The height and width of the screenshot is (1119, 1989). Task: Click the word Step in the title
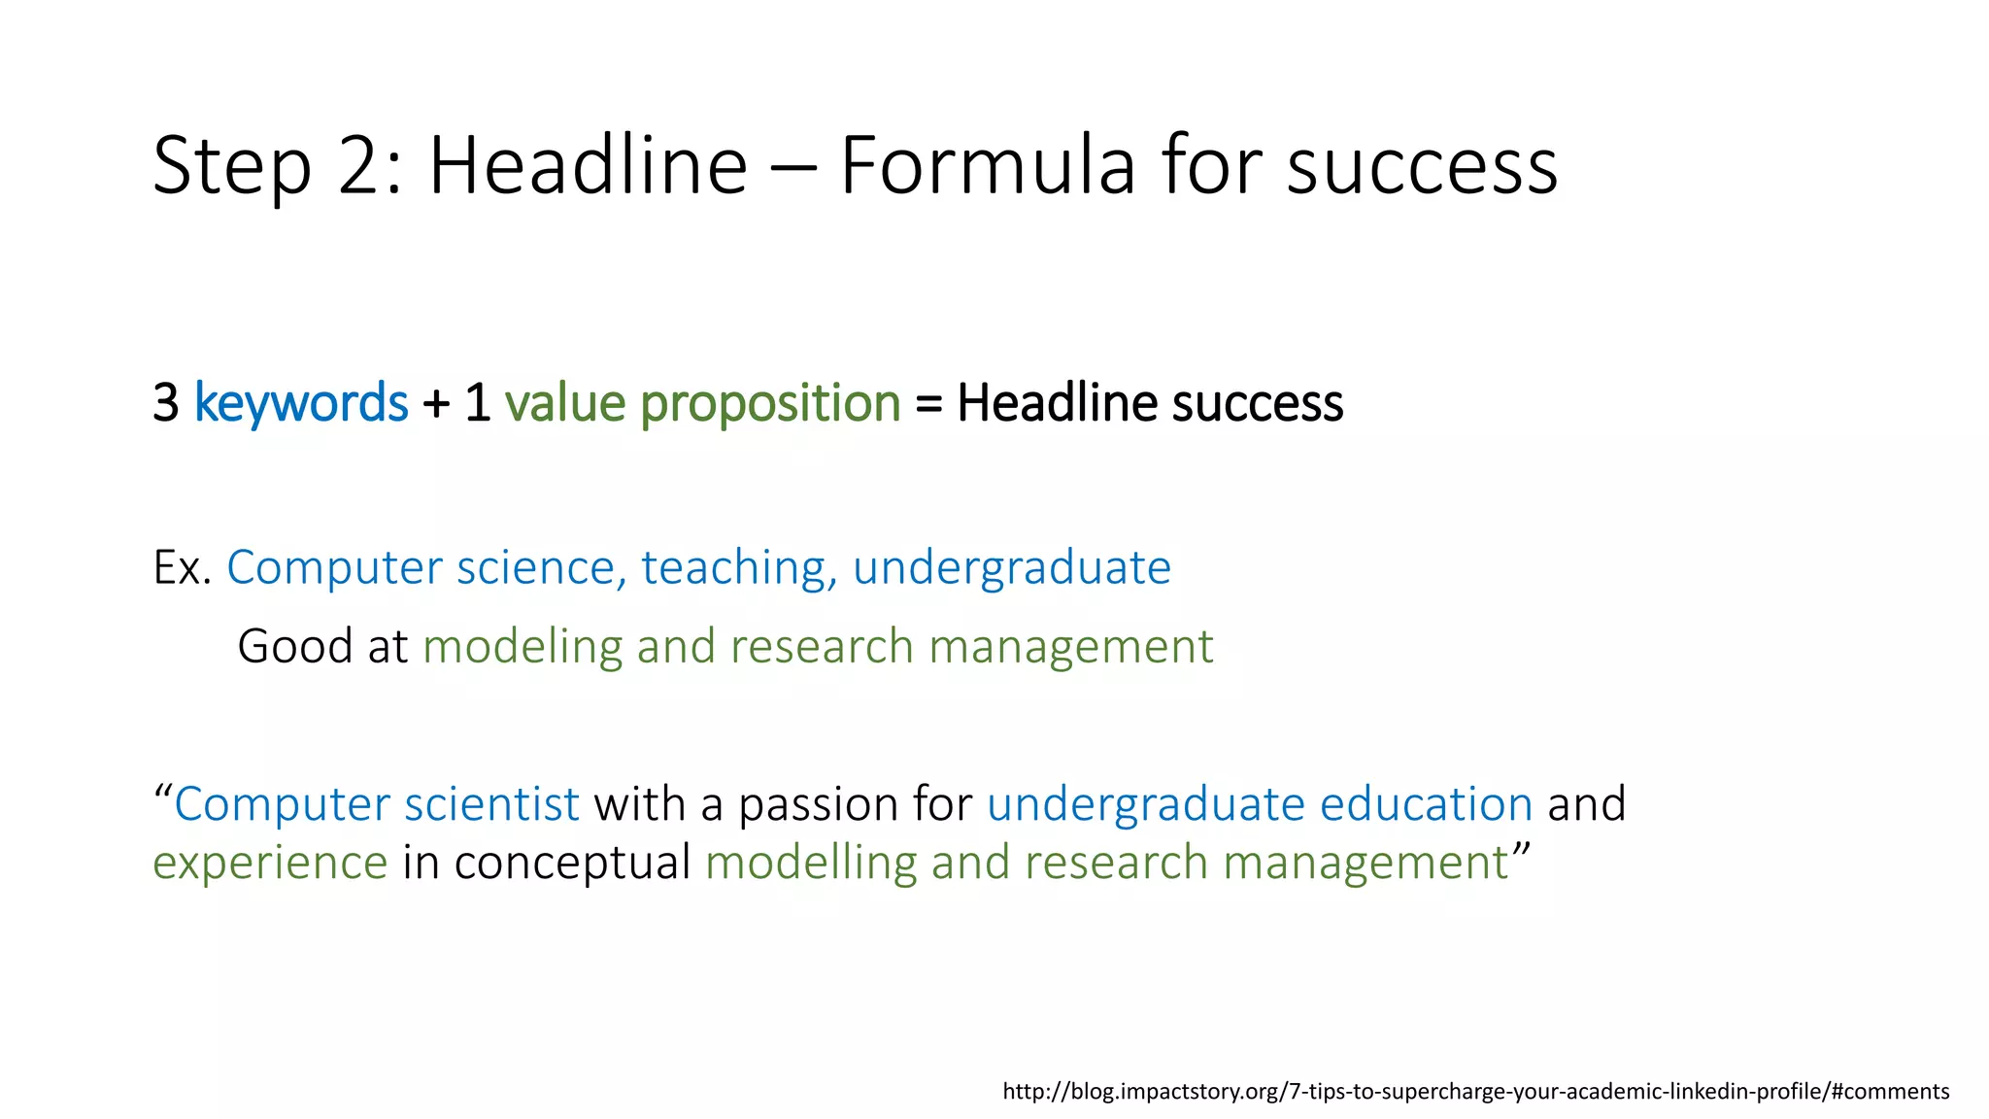(x=232, y=167)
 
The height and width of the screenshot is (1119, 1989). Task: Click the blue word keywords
(x=301, y=403)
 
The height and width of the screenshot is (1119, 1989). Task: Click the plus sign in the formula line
(x=436, y=404)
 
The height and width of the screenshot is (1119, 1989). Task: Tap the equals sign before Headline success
(x=928, y=404)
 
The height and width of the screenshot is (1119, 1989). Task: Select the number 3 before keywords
(x=166, y=403)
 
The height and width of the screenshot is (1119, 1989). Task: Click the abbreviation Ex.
(x=183, y=568)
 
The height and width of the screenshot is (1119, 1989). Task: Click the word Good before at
(x=294, y=647)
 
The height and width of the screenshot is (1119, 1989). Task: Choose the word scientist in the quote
(x=491, y=805)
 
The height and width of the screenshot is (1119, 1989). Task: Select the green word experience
(x=270, y=864)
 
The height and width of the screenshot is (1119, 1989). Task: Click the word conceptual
(x=572, y=864)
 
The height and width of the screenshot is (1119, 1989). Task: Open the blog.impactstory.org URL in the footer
(x=1475, y=1092)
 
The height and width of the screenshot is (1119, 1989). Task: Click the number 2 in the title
(x=361, y=167)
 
